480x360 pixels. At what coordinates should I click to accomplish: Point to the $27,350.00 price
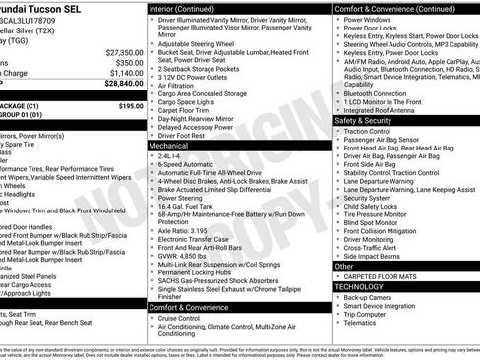(x=124, y=52)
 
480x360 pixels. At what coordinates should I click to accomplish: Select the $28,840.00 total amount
(x=124, y=84)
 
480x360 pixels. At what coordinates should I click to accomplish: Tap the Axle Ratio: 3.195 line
(x=183, y=230)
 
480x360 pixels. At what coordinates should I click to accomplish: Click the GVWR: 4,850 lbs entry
(x=184, y=256)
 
